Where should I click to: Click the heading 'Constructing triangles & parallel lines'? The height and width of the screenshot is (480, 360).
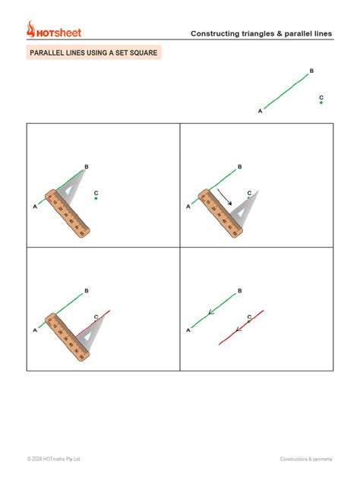click(x=261, y=33)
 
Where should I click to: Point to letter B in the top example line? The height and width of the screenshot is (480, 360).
click(x=311, y=71)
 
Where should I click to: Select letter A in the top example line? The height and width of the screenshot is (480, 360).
click(x=260, y=112)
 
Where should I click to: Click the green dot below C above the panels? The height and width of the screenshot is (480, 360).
click(x=321, y=103)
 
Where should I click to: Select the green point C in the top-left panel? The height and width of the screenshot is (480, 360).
click(x=96, y=199)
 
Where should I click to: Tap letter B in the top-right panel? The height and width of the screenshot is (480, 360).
click(x=240, y=166)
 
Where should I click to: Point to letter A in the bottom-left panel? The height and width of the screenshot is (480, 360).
click(x=35, y=330)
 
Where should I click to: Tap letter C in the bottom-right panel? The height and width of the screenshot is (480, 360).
click(x=249, y=317)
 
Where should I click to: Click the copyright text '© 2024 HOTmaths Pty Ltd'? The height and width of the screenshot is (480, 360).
click(x=53, y=459)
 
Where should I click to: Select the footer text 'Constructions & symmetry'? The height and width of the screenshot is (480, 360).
click(x=306, y=459)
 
